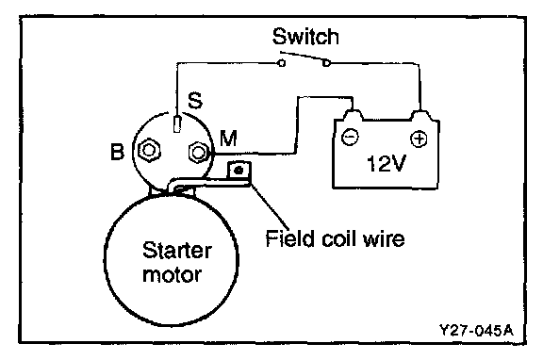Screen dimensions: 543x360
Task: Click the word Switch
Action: click(305, 37)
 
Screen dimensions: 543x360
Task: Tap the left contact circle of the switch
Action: click(282, 63)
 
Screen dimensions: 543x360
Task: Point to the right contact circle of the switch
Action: click(326, 63)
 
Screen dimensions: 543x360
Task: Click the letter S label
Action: click(195, 100)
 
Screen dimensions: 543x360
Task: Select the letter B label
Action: click(117, 152)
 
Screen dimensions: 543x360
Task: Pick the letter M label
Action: click(228, 139)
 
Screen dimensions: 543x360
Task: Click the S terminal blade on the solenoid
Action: click(177, 123)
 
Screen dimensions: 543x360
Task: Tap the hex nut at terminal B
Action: click(149, 150)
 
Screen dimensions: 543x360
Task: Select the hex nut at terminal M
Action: click(198, 152)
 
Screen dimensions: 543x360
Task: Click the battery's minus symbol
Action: click(350, 137)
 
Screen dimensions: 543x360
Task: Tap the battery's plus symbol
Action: click(419, 139)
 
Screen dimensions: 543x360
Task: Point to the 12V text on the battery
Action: click(387, 163)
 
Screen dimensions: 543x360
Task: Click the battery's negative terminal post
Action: click(354, 115)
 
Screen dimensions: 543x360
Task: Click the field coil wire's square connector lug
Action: click(239, 171)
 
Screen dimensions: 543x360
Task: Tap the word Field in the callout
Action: click(289, 238)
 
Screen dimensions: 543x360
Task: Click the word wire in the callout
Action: click(384, 238)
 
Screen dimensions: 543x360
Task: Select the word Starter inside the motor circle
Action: click(176, 250)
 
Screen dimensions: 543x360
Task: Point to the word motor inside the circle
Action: click(172, 275)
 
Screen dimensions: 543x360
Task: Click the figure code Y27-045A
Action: click(476, 330)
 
